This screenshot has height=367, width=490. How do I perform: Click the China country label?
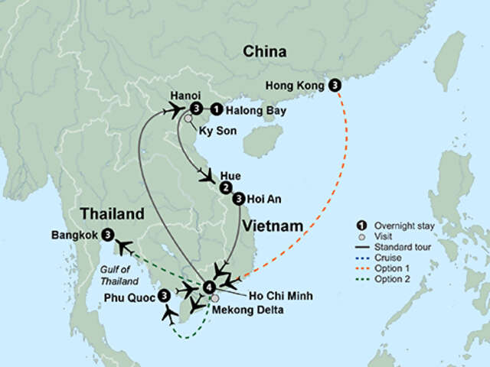tap(265, 52)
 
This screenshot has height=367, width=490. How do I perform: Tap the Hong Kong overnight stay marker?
tap(334, 86)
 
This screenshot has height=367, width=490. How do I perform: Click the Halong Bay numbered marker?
tap(217, 110)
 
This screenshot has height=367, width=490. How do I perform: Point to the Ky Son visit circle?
tap(188, 119)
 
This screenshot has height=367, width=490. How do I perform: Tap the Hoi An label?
tap(265, 199)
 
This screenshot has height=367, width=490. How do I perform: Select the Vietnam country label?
tap(273, 226)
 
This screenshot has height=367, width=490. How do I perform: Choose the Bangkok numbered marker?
tap(107, 235)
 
